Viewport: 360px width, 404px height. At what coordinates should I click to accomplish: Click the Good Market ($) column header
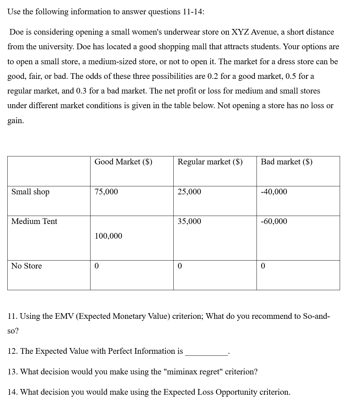pos(123,162)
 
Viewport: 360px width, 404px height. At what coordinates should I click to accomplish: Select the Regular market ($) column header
pos(210,162)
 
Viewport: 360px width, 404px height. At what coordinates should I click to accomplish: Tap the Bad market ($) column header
pos(286,162)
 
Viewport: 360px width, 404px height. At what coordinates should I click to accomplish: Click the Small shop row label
pos(30,192)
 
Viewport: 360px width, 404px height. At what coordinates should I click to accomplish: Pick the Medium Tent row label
pos(34,221)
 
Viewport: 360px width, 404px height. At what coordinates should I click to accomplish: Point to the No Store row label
pos(27,266)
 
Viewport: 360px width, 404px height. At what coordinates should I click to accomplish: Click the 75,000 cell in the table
pos(106,192)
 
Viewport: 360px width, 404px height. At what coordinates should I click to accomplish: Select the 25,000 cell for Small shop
pos(189,192)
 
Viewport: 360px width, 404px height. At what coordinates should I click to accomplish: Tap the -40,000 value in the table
pos(274,192)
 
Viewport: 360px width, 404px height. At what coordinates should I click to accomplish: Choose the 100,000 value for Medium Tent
pos(108,236)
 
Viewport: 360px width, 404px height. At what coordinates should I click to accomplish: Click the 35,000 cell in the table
pos(189,221)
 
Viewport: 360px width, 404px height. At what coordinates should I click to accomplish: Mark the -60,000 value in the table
pos(274,221)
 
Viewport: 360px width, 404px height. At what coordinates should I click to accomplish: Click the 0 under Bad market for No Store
pos(263,266)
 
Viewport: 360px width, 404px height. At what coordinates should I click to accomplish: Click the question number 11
pos(12,316)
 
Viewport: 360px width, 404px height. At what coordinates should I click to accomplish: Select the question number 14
pos(12,392)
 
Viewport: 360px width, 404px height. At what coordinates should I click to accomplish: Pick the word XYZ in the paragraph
pos(240,32)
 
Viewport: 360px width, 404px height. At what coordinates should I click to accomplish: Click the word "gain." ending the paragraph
pos(16,120)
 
